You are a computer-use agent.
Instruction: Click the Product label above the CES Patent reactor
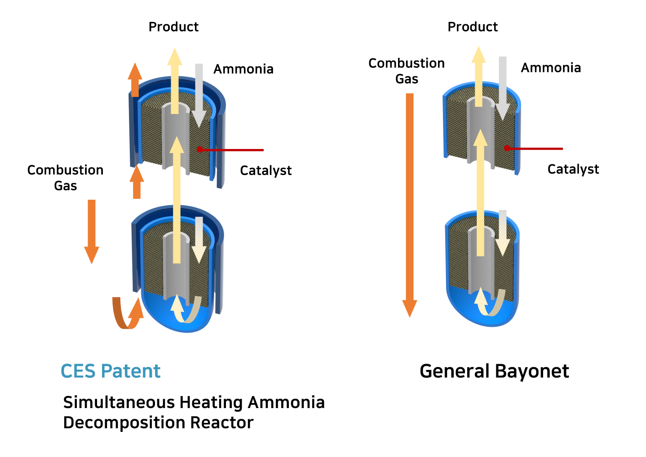(x=173, y=27)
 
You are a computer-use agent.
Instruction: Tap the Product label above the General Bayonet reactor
(x=473, y=27)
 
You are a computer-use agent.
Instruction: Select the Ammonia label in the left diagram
(x=243, y=69)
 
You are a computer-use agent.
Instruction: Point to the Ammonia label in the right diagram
(x=551, y=68)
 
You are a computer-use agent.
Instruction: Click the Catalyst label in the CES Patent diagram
(x=265, y=170)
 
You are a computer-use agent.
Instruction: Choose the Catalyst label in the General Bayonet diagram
(x=573, y=169)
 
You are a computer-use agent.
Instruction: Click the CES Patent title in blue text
(x=111, y=371)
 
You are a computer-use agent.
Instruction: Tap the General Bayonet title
(x=494, y=371)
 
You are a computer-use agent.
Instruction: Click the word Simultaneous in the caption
(x=119, y=402)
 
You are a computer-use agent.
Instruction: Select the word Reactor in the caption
(x=222, y=423)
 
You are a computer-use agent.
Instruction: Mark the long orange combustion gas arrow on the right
(x=410, y=205)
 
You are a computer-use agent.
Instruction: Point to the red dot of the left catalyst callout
(x=199, y=149)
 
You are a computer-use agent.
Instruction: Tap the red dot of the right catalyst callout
(x=507, y=149)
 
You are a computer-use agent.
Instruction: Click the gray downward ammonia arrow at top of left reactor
(x=199, y=96)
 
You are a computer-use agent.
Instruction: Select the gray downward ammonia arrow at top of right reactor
(x=503, y=88)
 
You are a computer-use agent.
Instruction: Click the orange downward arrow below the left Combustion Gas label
(x=92, y=232)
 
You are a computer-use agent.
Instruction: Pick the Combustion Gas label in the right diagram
(x=407, y=71)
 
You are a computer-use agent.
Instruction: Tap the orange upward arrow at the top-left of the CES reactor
(x=135, y=79)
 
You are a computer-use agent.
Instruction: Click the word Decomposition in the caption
(x=124, y=423)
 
